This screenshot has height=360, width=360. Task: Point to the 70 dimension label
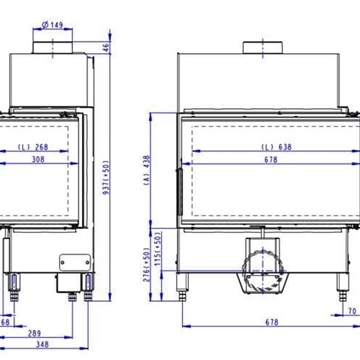pyautogui.click(x=351, y=310)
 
